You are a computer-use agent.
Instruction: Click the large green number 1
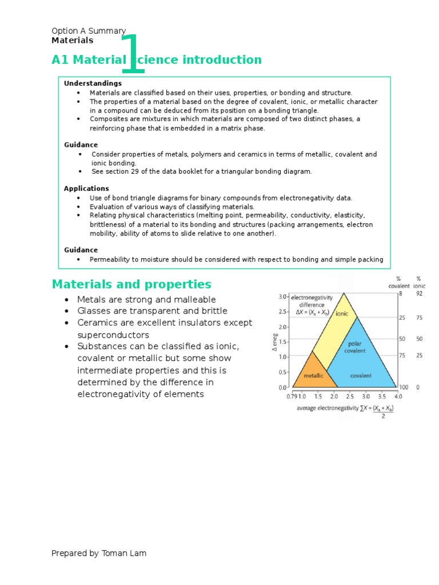[x=133, y=54]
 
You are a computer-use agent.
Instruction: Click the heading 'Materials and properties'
[x=131, y=285]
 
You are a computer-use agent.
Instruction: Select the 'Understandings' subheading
[x=93, y=83]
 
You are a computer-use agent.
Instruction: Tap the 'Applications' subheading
[x=86, y=189]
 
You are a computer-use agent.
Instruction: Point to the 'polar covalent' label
[x=354, y=347]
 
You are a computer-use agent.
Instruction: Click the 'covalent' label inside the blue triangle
[x=361, y=376]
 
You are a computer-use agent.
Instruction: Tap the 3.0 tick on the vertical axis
[x=282, y=296]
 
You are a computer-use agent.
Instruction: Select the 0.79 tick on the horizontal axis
[x=292, y=396]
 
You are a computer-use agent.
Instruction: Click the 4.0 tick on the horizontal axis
[x=398, y=396]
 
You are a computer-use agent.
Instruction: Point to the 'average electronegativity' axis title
[x=325, y=408]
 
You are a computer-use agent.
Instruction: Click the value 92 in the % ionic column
[x=419, y=293]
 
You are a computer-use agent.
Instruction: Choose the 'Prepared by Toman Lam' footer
[x=99, y=553]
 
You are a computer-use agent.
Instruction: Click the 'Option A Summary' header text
[x=89, y=31]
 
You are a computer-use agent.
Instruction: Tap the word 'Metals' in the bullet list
[x=90, y=300]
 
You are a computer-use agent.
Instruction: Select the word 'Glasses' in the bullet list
[x=93, y=311]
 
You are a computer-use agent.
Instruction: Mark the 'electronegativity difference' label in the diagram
[x=312, y=301]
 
